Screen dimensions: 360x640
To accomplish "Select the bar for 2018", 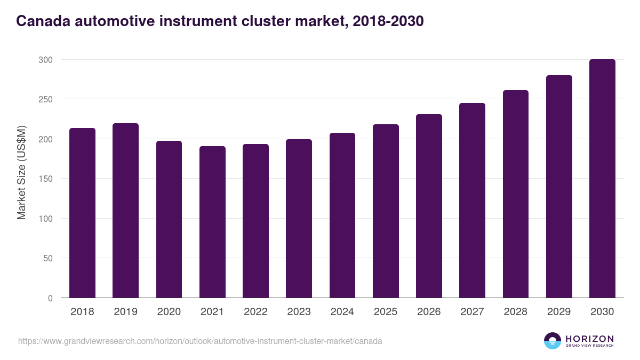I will tap(83, 213).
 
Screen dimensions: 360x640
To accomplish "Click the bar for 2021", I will tap(212, 222).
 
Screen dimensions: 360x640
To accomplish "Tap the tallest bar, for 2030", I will tap(602, 179).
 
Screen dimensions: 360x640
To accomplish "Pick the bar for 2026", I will tap(429, 206).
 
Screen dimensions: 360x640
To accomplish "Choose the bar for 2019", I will tap(125, 211).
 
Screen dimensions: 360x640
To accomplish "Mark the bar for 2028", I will tap(516, 194).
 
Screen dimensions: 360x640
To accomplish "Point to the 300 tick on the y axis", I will tap(45, 60).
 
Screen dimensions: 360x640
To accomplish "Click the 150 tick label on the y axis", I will tap(45, 179).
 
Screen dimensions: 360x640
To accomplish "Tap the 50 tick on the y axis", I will tap(47, 258).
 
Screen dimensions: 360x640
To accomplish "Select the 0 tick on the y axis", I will tap(50, 298).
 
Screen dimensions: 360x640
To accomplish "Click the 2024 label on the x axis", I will tap(342, 312).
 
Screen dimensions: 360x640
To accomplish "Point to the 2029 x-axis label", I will tap(558, 312).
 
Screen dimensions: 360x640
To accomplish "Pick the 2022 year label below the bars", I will tap(255, 312).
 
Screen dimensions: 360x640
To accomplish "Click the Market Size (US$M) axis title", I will tap(21, 172).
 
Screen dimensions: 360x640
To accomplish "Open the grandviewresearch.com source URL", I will tap(200, 341).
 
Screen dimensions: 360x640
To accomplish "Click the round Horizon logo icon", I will tap(553, 341).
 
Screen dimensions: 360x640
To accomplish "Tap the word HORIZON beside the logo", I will tap(589, 338).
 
